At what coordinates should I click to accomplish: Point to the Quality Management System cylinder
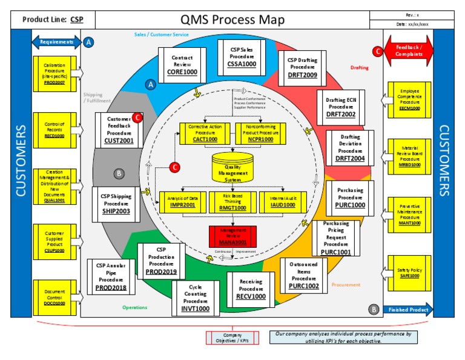[x=232, y=170]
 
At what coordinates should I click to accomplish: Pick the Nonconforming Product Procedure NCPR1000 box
[x=260, y=133]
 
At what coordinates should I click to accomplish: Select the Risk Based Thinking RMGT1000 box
[x=232, y=201]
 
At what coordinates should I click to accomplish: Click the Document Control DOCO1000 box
[x=54, y=298]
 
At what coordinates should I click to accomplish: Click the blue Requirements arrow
[x=56, y=42]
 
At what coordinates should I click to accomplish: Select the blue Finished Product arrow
[x=408, y=309]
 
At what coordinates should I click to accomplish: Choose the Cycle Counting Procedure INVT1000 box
[x=196, y=297]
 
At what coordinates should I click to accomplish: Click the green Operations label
[x=134, y=307]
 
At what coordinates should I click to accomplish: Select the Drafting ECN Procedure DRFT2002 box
[x=341, y=106]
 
